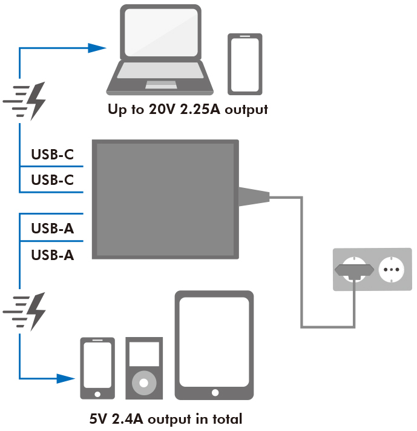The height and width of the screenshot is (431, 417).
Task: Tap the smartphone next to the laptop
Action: [245, 64]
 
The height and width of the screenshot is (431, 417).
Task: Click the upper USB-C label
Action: [52, 155]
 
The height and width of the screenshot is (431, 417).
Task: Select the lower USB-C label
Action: [52, 180]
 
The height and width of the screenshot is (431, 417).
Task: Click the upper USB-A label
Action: [52, 229]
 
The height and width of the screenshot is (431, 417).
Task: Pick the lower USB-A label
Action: [52, 255]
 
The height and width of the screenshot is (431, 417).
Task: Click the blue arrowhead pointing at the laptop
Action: [96, 48]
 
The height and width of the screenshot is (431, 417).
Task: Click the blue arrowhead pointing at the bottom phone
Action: [66, 378]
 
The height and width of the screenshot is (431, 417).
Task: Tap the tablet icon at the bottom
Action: [214, 346]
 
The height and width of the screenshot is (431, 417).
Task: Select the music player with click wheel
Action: [143, 368]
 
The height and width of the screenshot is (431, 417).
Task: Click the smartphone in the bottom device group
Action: [97, 368]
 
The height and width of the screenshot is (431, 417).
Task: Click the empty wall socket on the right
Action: [390, 268]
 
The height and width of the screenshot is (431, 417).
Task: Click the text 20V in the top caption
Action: [163, 110]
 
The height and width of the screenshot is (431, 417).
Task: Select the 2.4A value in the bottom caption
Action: [127, 419]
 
